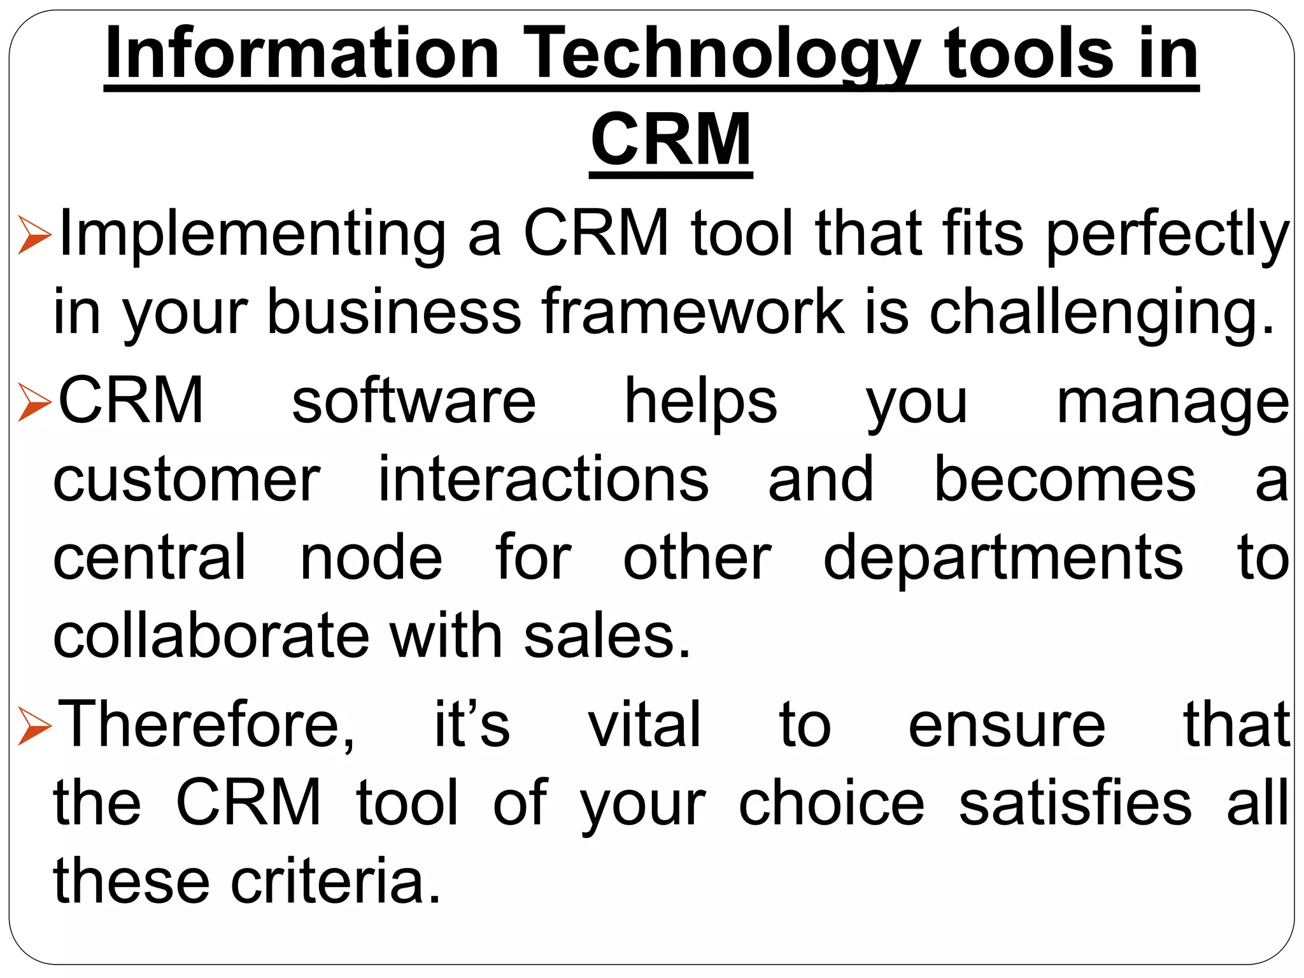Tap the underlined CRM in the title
pos(670,139)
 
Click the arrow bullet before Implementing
pos(34,235)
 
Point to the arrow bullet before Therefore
pos(34,726)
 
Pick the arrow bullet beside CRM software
pos(34,402)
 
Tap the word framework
pos(692,312)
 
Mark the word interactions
pos(543,480)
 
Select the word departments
pos(1003,559)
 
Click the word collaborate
pos(211,637)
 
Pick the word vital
pos(644,725)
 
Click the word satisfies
pos(1075,804)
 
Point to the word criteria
pos(336,882)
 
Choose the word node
pos(371,559)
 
